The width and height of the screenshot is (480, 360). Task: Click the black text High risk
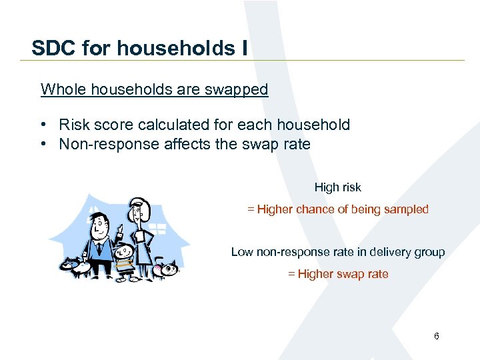(x=337, y=187)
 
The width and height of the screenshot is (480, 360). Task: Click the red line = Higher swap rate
(x=337, y=274)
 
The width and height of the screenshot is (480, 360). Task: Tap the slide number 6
(x=436, y=337)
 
